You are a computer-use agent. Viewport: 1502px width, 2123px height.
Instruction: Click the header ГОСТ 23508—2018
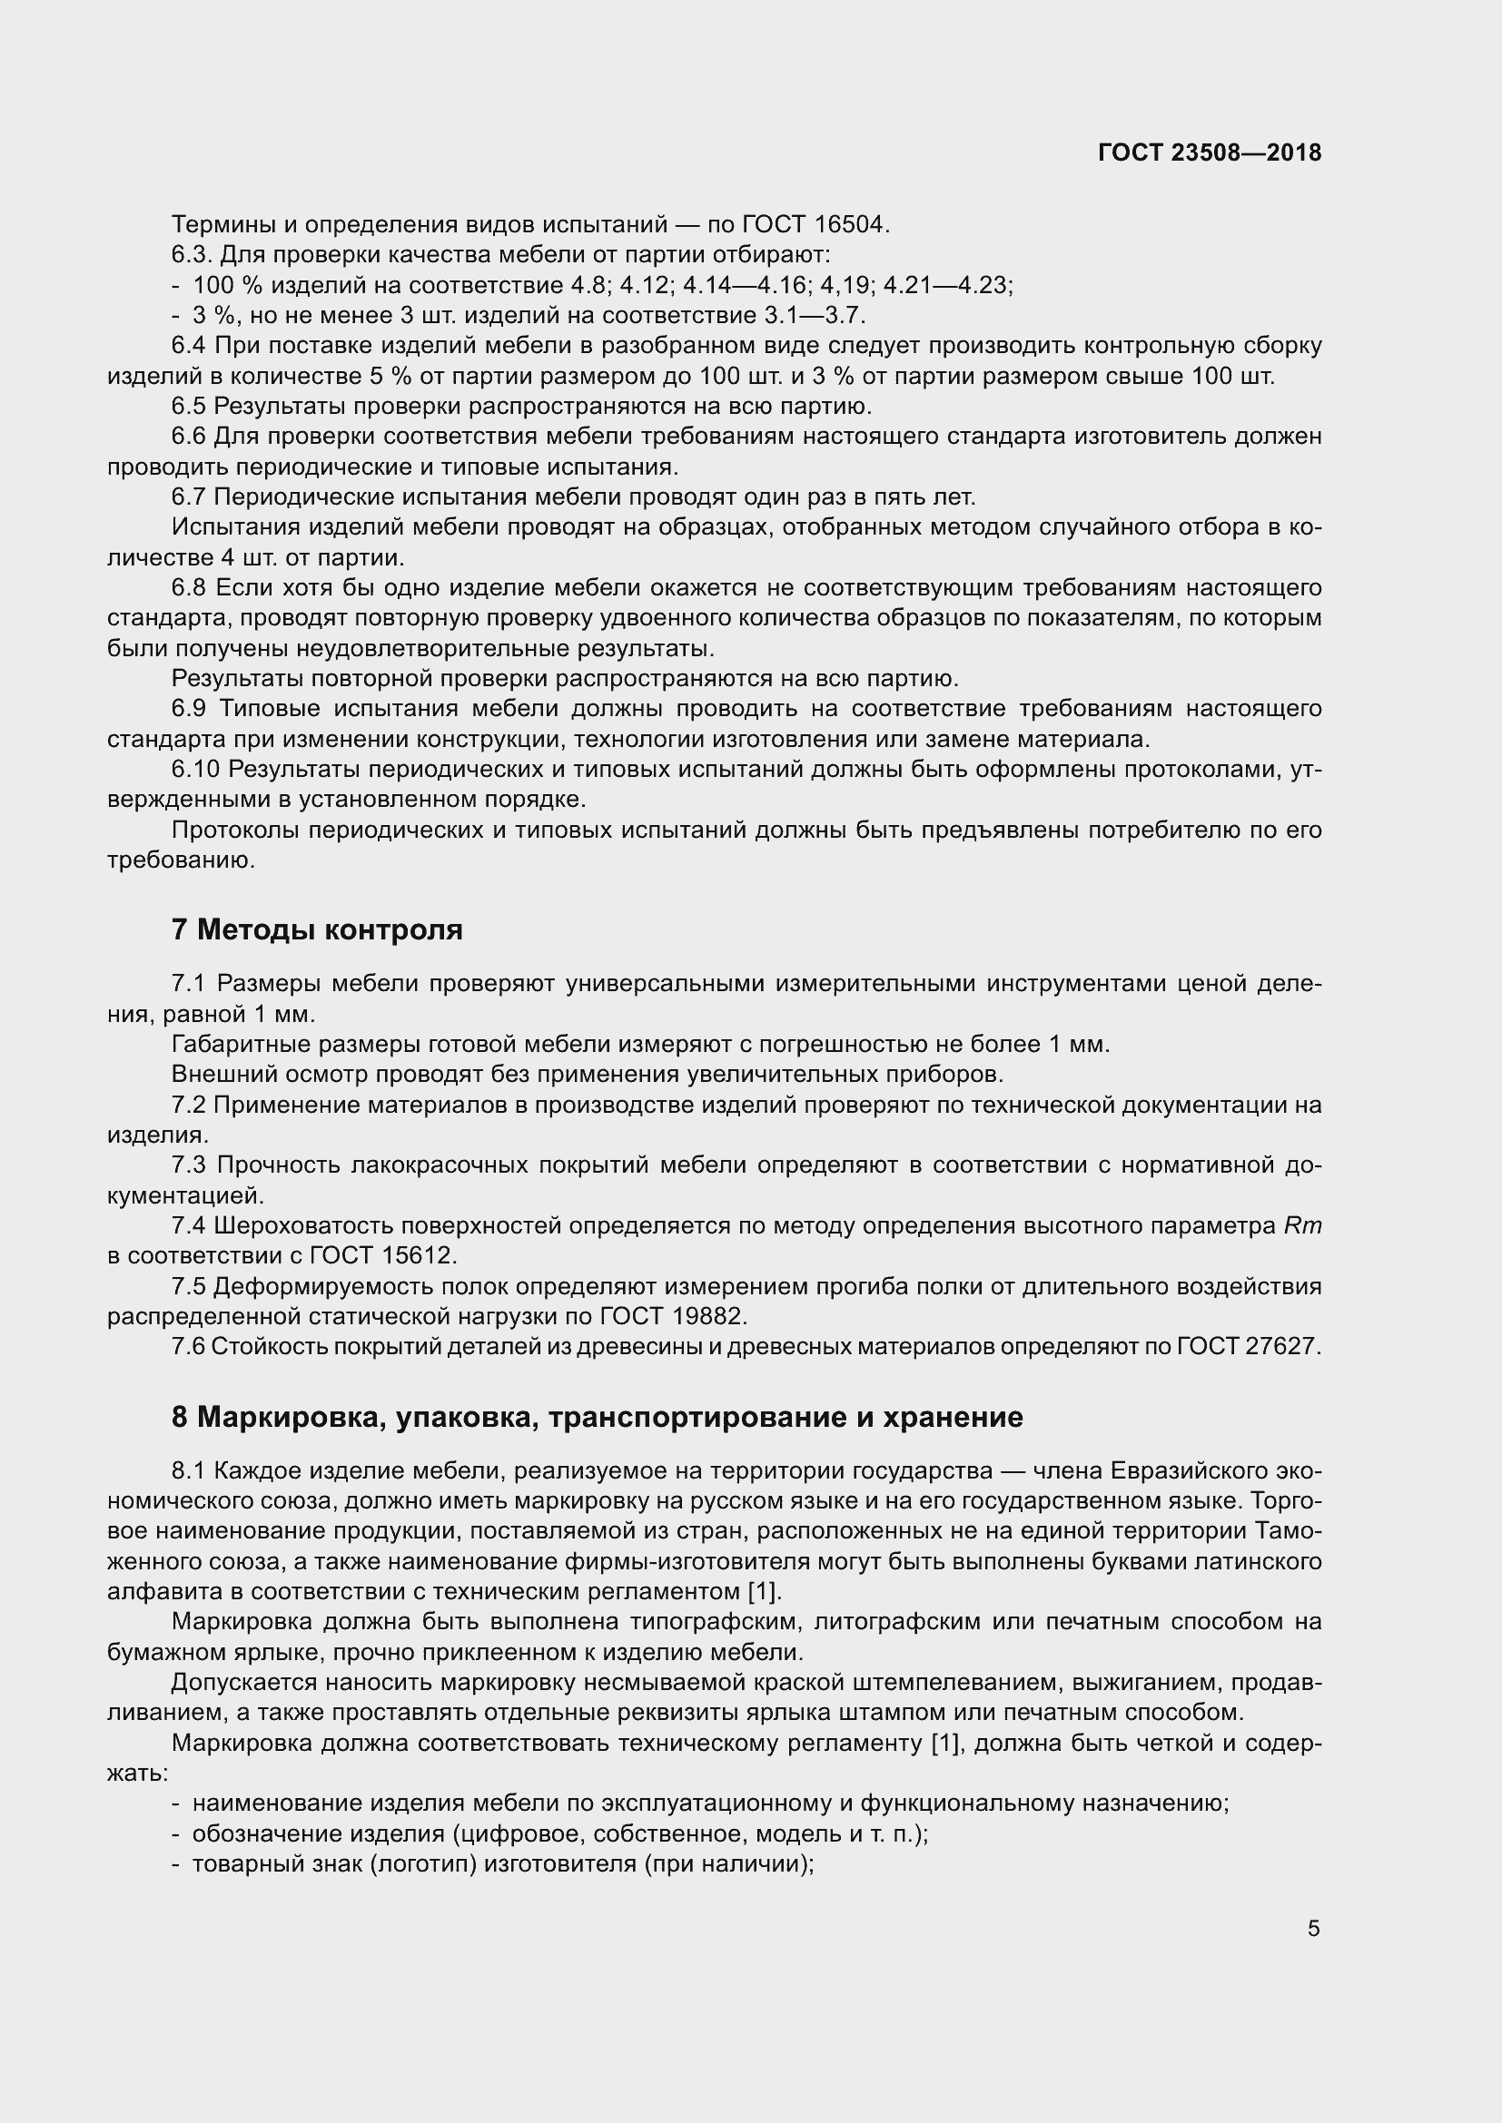1210,152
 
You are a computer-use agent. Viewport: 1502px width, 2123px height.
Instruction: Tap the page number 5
1313,1928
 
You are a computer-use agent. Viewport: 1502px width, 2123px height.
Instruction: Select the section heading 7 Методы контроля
316,929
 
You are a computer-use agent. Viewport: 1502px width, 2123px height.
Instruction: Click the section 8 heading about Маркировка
597,1418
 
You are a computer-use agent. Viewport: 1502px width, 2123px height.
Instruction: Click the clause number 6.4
189,346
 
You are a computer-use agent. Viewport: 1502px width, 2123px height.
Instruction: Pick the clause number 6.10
195,770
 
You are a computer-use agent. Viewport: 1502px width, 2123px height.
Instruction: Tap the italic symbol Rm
1303,1226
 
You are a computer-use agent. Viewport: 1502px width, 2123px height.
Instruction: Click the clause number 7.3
189,1165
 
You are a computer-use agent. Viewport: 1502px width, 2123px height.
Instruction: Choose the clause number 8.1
189,1471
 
